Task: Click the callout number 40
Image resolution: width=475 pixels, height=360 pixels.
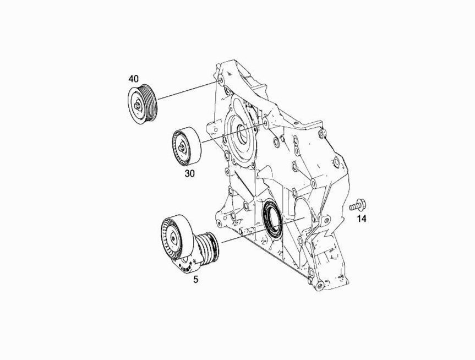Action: point(133,79)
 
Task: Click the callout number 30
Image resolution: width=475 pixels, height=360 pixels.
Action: point(190,173)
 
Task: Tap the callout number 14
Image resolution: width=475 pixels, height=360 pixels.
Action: point(362,219)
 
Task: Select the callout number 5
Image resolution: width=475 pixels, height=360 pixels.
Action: point(196,280)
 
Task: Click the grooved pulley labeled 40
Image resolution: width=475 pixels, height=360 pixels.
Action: point(142,104)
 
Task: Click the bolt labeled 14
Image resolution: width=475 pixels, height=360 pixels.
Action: point(358,205)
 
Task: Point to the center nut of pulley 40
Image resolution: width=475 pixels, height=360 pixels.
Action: point(137,106)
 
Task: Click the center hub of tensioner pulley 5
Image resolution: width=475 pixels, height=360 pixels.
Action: point(173,238)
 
